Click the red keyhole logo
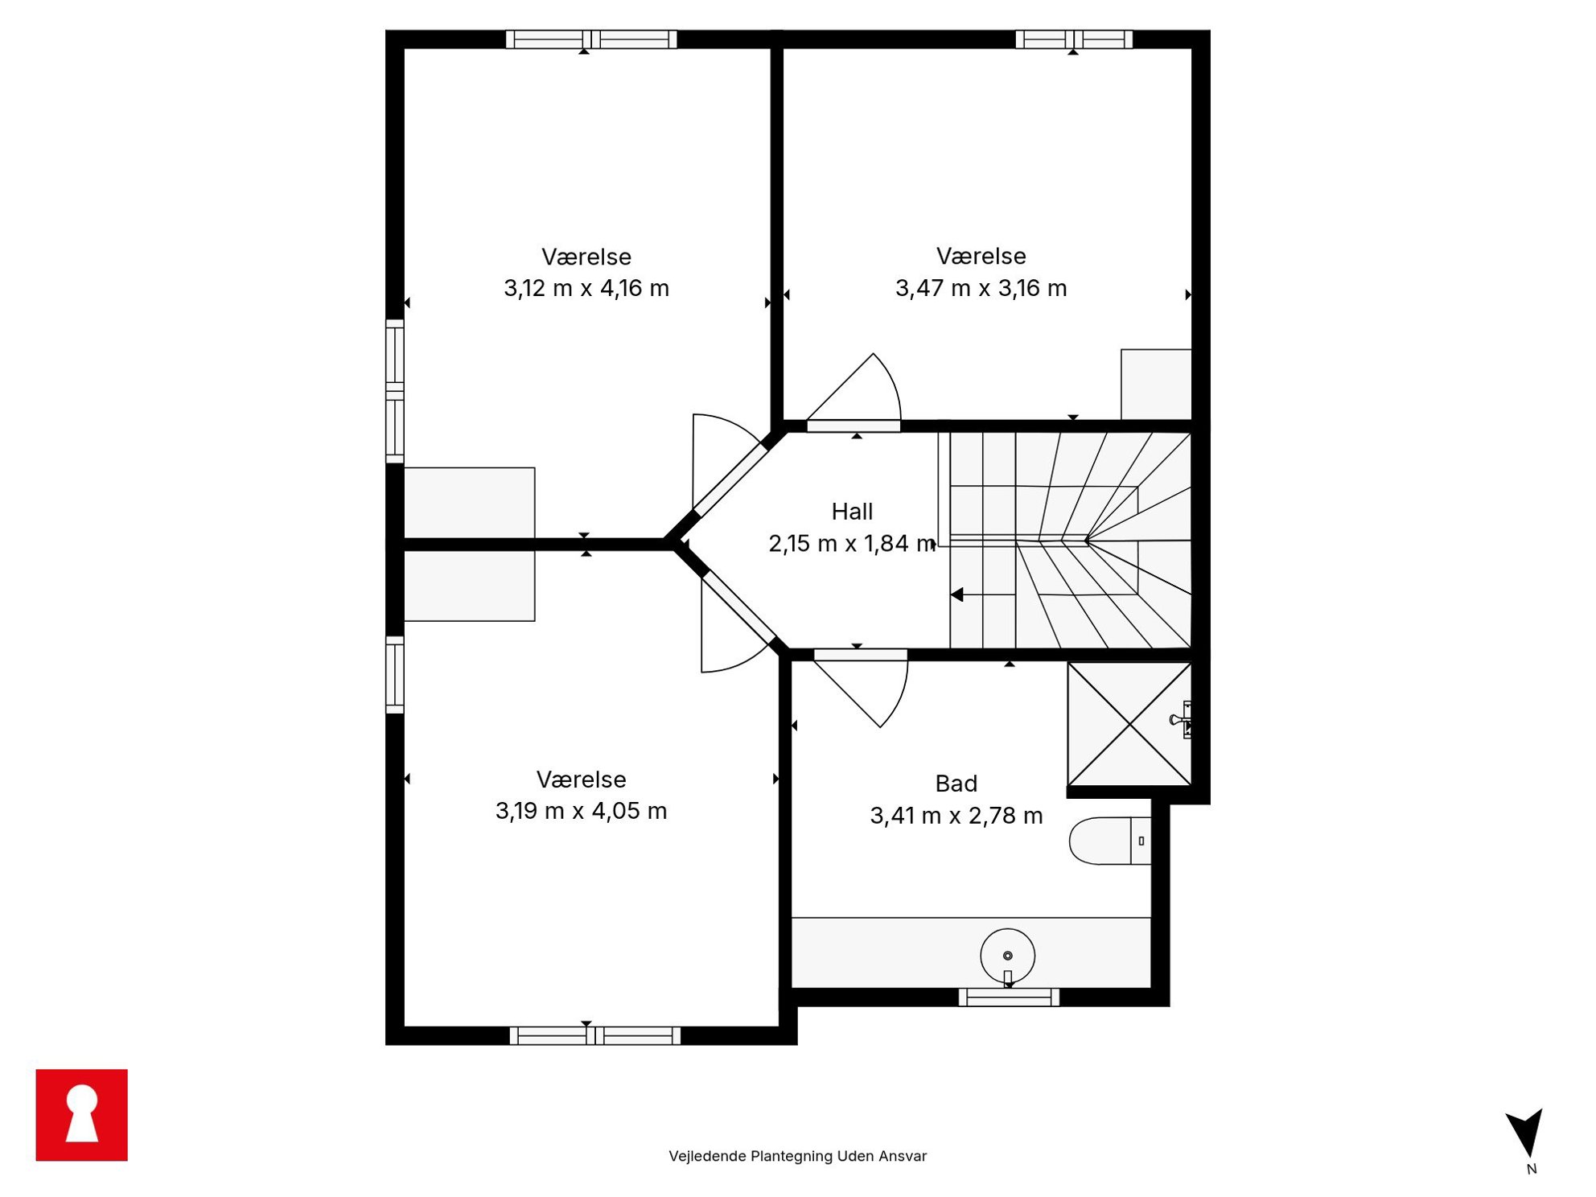coord(81,1114)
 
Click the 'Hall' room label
coord(852,512)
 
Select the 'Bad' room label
coord(956,784)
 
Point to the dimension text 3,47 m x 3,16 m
coord(981,288)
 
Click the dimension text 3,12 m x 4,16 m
coord(586,288)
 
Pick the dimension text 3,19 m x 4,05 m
coord(582,811)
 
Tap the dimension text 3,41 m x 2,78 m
coord(956,816)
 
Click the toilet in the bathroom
coord(1110,841)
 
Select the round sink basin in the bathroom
coord(1008,956)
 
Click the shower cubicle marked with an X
coord(1129,724)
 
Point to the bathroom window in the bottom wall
coord(1009,997)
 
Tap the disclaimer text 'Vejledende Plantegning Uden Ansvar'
coord(798,1156)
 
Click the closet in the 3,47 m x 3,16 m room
coord(1156,385)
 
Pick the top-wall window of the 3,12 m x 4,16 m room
coord(591,39)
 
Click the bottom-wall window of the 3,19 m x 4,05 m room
coord(595,1036)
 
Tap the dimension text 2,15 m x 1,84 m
coord(853,544)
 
